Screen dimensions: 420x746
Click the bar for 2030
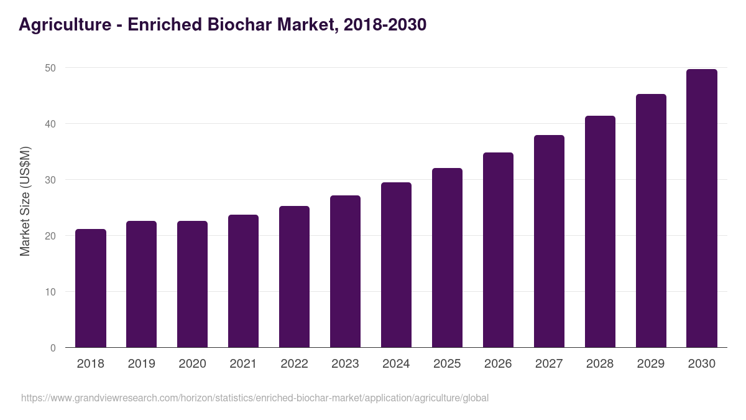point(702,208)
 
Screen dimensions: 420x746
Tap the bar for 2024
point(396,265)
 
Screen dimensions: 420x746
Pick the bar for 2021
point(243,281)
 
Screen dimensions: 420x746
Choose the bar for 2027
point(549,241)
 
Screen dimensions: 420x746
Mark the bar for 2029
point(651,221)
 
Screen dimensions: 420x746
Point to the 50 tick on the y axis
point(50,68)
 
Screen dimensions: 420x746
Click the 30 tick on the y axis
point(50,180)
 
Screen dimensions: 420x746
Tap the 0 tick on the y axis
point(53,348)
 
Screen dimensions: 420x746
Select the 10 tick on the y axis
point(50,292)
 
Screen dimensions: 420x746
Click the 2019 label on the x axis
point(141,364)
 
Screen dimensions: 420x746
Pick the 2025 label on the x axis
point(447,364)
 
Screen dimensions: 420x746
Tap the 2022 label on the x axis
point(294,364)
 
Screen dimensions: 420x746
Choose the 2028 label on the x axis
point(600,364)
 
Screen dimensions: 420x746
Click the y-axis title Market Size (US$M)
point(25,201)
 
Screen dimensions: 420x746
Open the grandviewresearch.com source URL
point(255,398)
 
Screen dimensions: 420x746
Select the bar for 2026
point(498,250)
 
